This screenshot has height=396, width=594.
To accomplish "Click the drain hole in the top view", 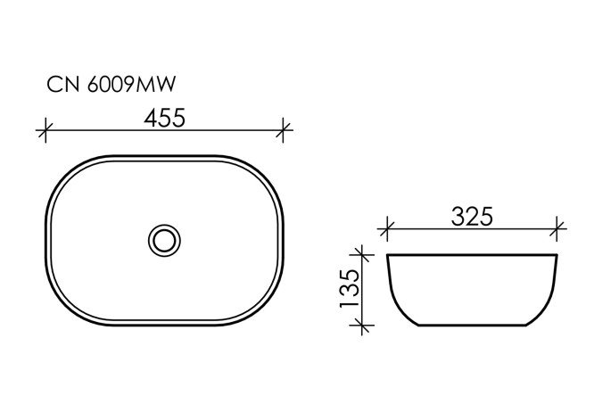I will [x=162, y=239].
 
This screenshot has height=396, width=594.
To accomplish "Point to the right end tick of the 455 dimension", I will [x=284, y=131].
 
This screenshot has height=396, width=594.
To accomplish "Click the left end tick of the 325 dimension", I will [x=385, y=230].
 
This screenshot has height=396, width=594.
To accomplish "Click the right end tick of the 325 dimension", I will [x=558, y=230].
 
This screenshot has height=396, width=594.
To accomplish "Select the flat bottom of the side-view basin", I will [x=472, y=326].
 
